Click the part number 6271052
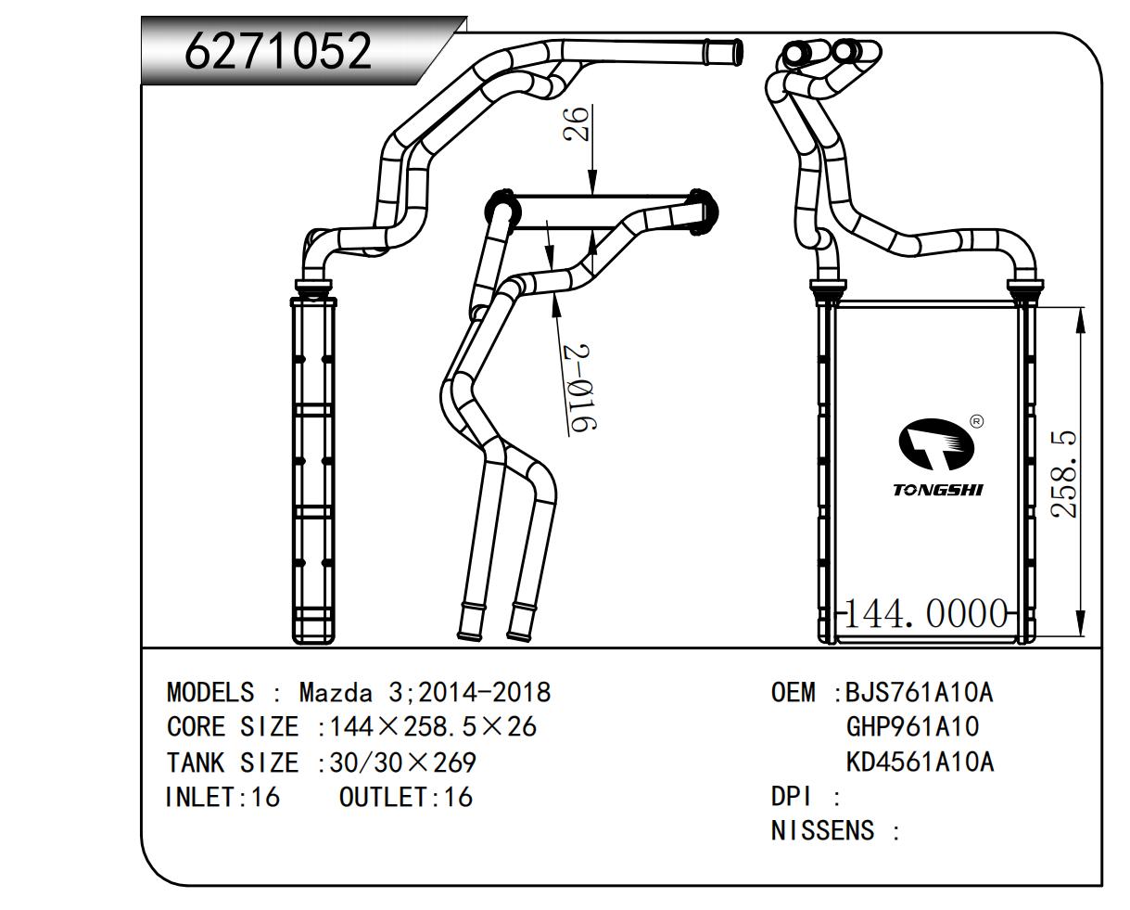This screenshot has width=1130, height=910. point(278,50)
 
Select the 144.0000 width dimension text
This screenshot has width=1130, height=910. point(926,614)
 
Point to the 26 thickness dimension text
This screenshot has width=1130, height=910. point(576,123)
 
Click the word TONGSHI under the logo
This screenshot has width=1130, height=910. point(936,489)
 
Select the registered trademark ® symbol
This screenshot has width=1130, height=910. point(976,422)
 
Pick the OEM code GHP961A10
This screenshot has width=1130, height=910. point(912,726)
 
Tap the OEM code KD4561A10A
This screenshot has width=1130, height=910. point(919,762)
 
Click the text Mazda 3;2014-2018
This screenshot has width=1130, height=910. point(425,692)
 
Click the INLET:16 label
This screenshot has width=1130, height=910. point(222,797)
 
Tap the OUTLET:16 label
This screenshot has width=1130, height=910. point(405,797)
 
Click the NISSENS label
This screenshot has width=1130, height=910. point(822,830)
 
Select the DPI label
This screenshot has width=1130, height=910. point(792,796)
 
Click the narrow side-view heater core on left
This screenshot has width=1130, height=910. point(314,469)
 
